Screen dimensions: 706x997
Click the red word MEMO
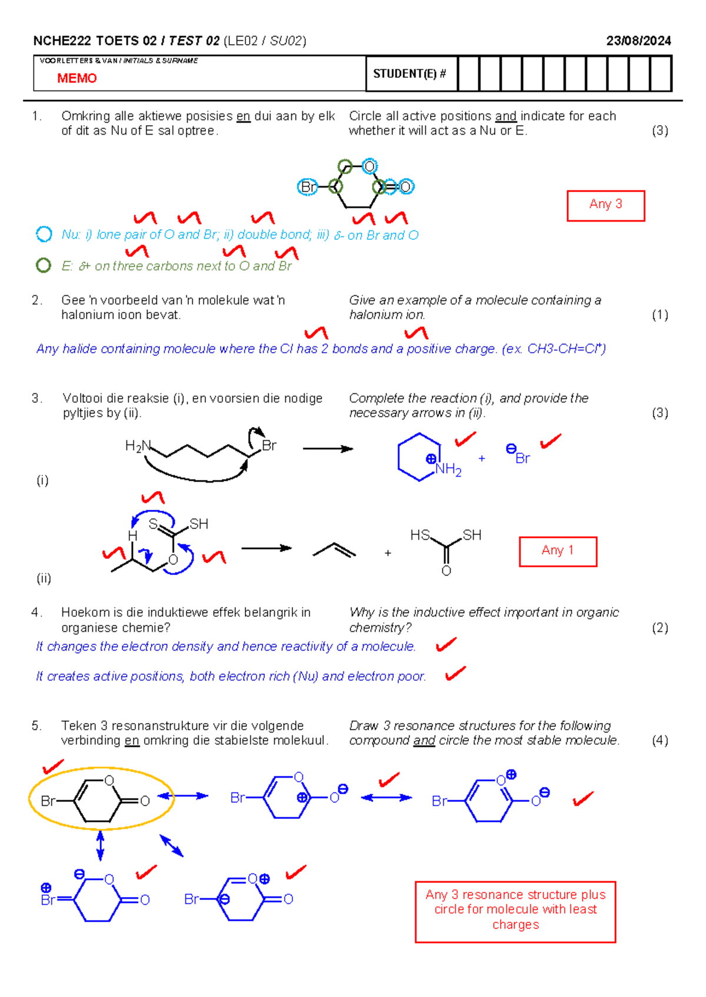pyautogui.click(x=76, y=78)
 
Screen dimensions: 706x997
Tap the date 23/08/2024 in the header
pyautogui.click(x=638, y=41)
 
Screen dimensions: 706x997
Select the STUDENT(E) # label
pyautogui.click(x=409, y=74)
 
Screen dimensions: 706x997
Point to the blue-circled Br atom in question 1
pyautogui.click(x=307, y=187)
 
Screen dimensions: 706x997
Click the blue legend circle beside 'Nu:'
pyautogui.click(x=44, y=234)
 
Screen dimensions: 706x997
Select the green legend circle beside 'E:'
pyautogui.click(x=43, y=265)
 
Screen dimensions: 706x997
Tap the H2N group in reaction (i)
pyautogui.click(x=138, y=446)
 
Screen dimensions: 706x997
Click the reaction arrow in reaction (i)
pyautogui.click(x=328, y=449)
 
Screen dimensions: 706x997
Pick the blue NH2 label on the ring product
pyautogui.click(x=448, y=469)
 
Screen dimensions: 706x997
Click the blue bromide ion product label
pyautogui.click(x=518, y=454)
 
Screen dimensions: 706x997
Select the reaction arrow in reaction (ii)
pyautogui.click(x=267, y=548)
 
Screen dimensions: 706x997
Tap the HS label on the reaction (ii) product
pyautogui.click(x=419, y=534)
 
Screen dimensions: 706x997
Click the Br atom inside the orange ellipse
pyautogui.click(x=48, y=801)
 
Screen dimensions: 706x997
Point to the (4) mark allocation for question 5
pyautogui.click(x=660, y=740)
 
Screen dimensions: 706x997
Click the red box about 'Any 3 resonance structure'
pyautogui.click(x=515, y=912)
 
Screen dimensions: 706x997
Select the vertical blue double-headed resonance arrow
pyautogui.click(x=100, y=846)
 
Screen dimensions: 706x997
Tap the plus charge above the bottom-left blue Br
pyautogui.click(x=46, y=888)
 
